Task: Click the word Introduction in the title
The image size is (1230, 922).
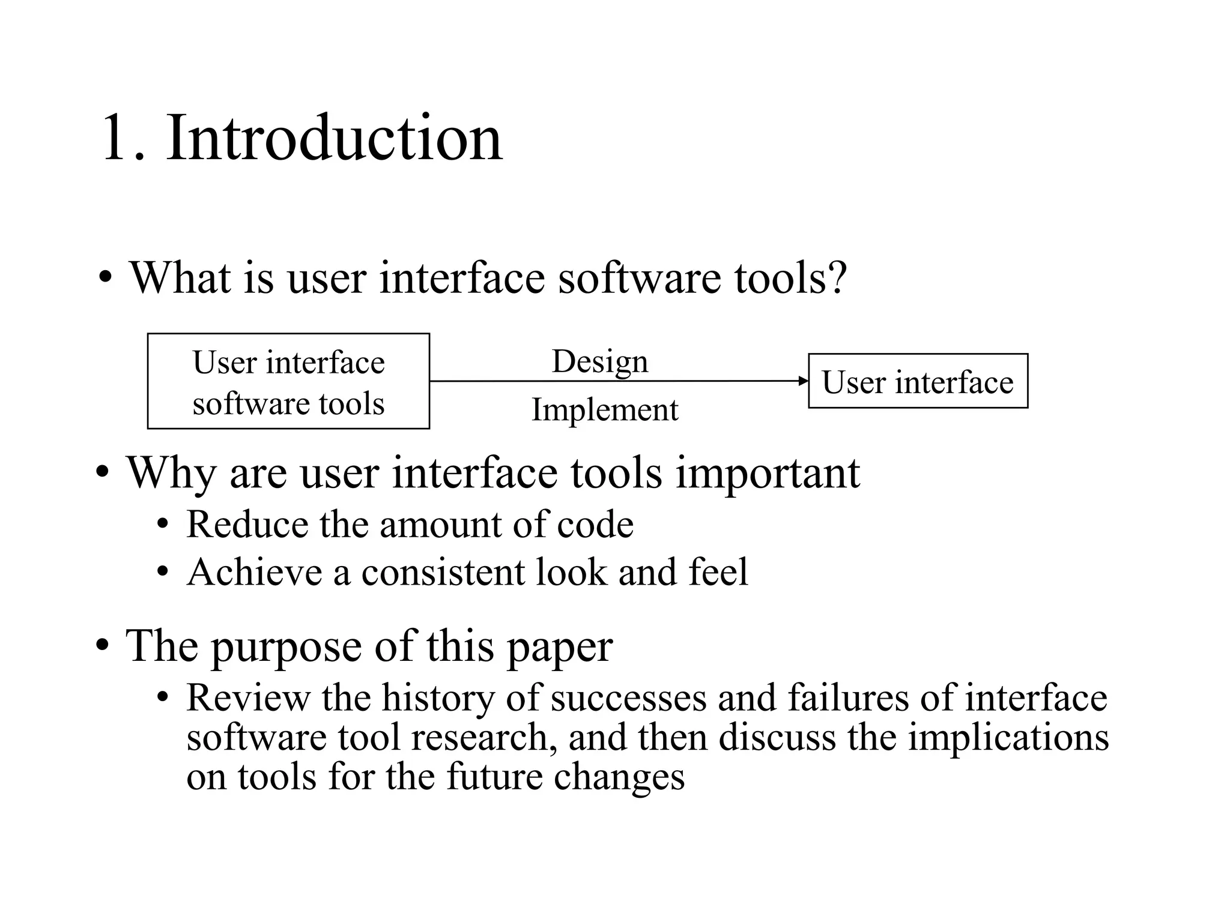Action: coord(334,139)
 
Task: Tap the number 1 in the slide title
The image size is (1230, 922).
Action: coord(115,139)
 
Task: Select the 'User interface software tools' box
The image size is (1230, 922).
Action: coord(288,381)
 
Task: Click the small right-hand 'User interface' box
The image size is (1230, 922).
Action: coord(918,381)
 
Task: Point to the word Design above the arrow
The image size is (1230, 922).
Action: coord(600,362)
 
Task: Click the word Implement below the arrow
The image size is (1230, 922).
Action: coord(605,411)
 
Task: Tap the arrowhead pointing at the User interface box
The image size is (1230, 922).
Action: coord(803,381)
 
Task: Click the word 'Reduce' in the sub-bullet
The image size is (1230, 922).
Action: coord(246,525)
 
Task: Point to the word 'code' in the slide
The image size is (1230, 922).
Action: coord(595,525)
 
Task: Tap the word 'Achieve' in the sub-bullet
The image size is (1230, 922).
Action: coord(255,571)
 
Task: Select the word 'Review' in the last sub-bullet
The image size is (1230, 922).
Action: coord(248,698)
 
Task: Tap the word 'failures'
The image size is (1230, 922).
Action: coord(847,698)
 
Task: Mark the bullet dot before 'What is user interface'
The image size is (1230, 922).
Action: coord(106,279)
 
